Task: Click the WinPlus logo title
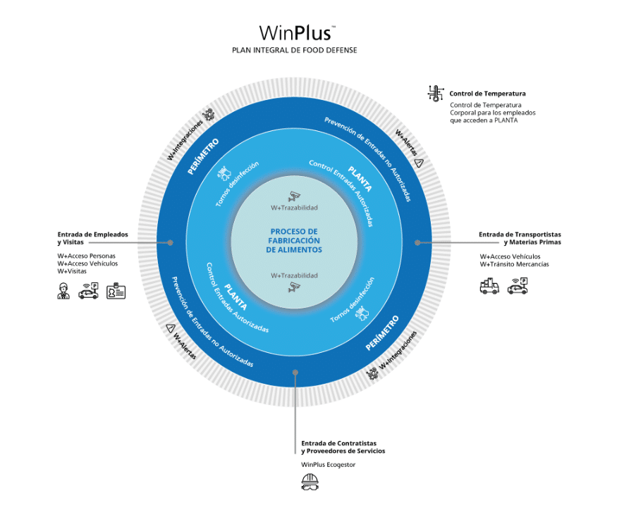(x=296, y=33)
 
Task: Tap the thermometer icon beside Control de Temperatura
(x=435, y=93)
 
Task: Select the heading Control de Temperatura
(x=487, y=93)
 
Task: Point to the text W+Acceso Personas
(x=86, y=256)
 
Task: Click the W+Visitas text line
(x=73, y=271)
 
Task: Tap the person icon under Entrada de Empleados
(x=64, y=290)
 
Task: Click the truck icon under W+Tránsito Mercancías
(x=489, y=286)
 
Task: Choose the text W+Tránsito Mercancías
(x=514, y=264)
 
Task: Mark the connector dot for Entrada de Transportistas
(x=417, y=242)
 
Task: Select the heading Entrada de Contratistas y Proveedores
(x=343, y=446)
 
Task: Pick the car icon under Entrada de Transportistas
(x=518, y=286)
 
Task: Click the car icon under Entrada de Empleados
(x=88, y=290)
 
